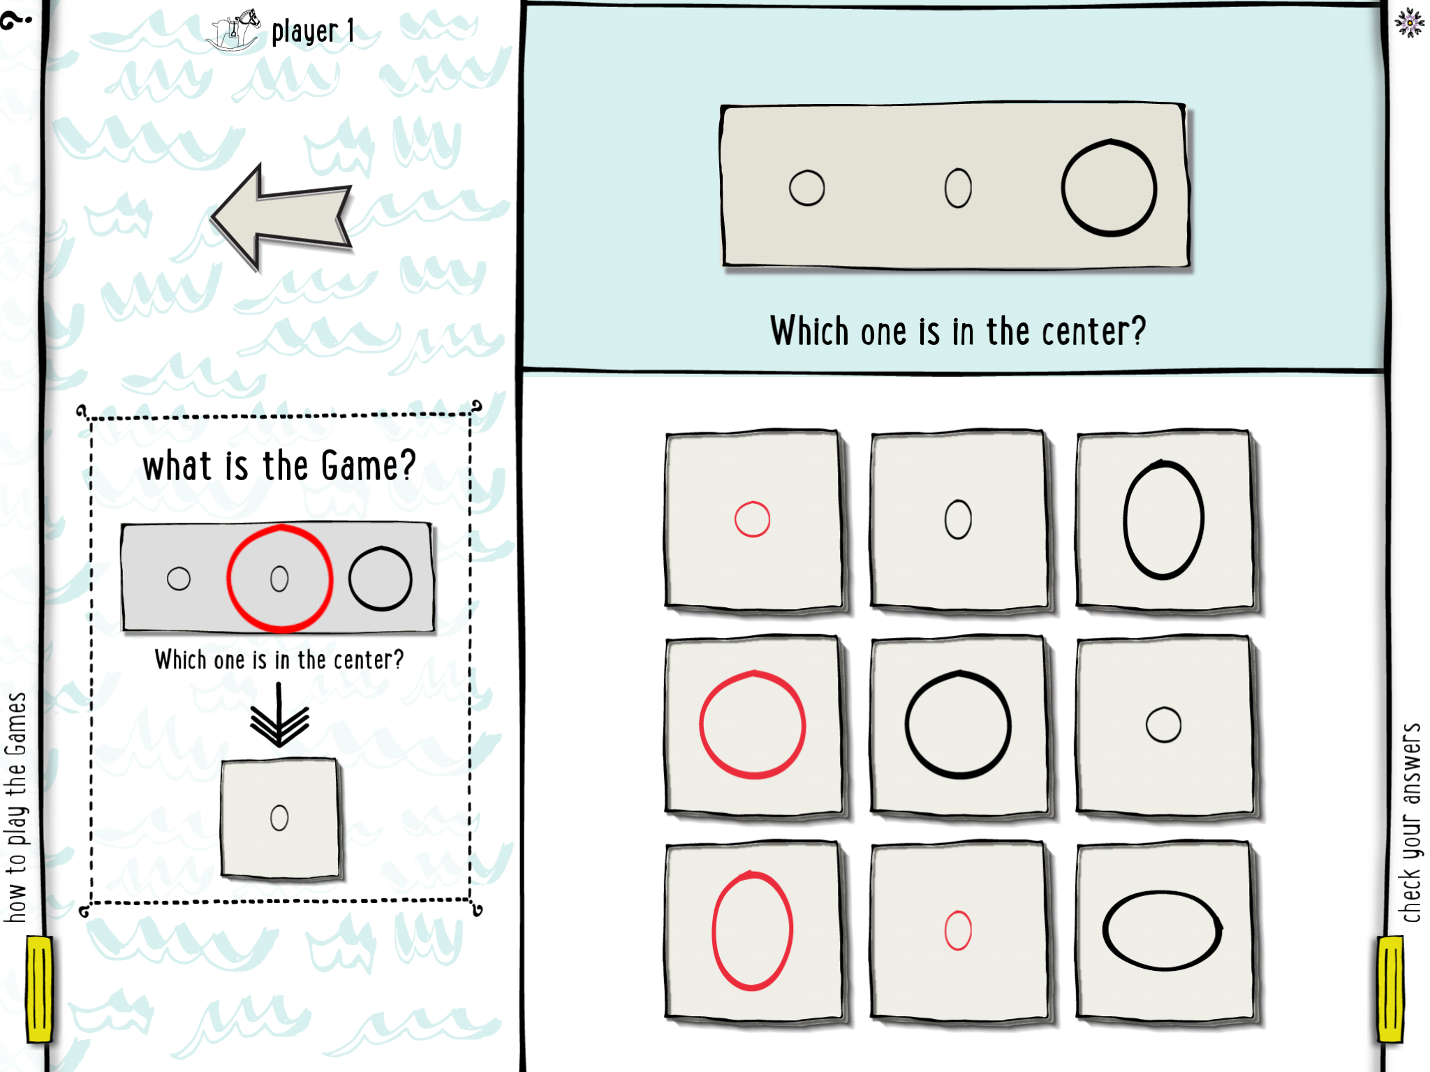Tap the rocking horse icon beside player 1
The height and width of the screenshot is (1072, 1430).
(234, 29)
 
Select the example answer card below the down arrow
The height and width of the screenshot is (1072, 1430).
(280, 818)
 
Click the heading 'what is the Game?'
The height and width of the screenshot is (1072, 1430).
(279, 466)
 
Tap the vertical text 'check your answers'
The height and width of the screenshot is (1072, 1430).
(1411, 823)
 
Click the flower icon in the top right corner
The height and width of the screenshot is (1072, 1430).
(1410, 23)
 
